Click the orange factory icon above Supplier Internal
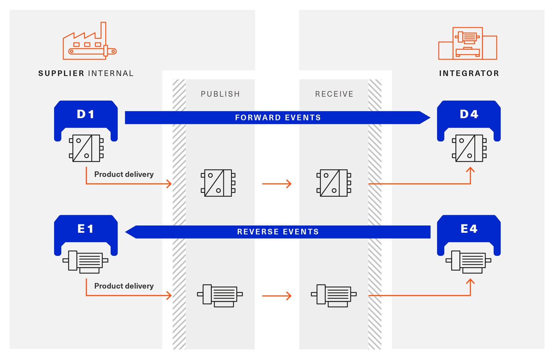89,42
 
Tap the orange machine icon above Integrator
467,43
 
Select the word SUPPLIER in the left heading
61,73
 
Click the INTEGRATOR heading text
469,73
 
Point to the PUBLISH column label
220,94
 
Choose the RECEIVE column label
334,94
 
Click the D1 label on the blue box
86,114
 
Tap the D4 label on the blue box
469,114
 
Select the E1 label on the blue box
86,229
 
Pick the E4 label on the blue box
469,229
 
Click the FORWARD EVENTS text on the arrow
278,118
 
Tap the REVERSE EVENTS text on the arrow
278,232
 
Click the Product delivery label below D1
124,174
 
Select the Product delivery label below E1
124,286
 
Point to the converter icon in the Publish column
218,183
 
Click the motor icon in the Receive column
334,295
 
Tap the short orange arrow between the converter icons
277,184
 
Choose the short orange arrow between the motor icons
277,296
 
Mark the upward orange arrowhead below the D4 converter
470,170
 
